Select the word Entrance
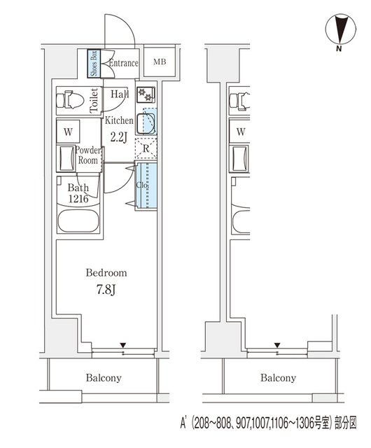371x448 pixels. coord(123,64)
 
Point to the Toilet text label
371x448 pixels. coord(94,101)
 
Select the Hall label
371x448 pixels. coord(118,94)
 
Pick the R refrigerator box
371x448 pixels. coord(145,148)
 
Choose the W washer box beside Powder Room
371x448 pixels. coord(69,132)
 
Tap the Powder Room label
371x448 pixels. coord(88,155)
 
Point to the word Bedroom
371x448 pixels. coord(106,272)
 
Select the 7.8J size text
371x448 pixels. coord(106,288)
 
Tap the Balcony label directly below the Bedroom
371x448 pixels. coord(104,378)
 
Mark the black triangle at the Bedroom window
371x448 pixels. coord(123,344)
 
